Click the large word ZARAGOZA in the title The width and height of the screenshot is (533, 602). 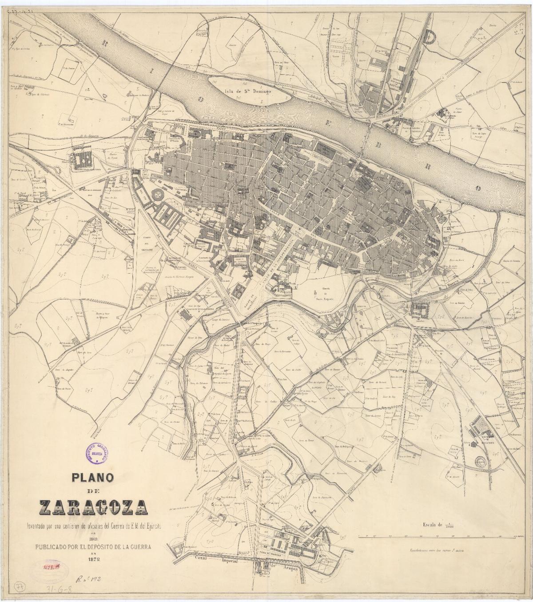coord(93,507)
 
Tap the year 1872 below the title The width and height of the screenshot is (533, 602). coord(93,559)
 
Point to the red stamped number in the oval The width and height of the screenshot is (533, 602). coord(52,567)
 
